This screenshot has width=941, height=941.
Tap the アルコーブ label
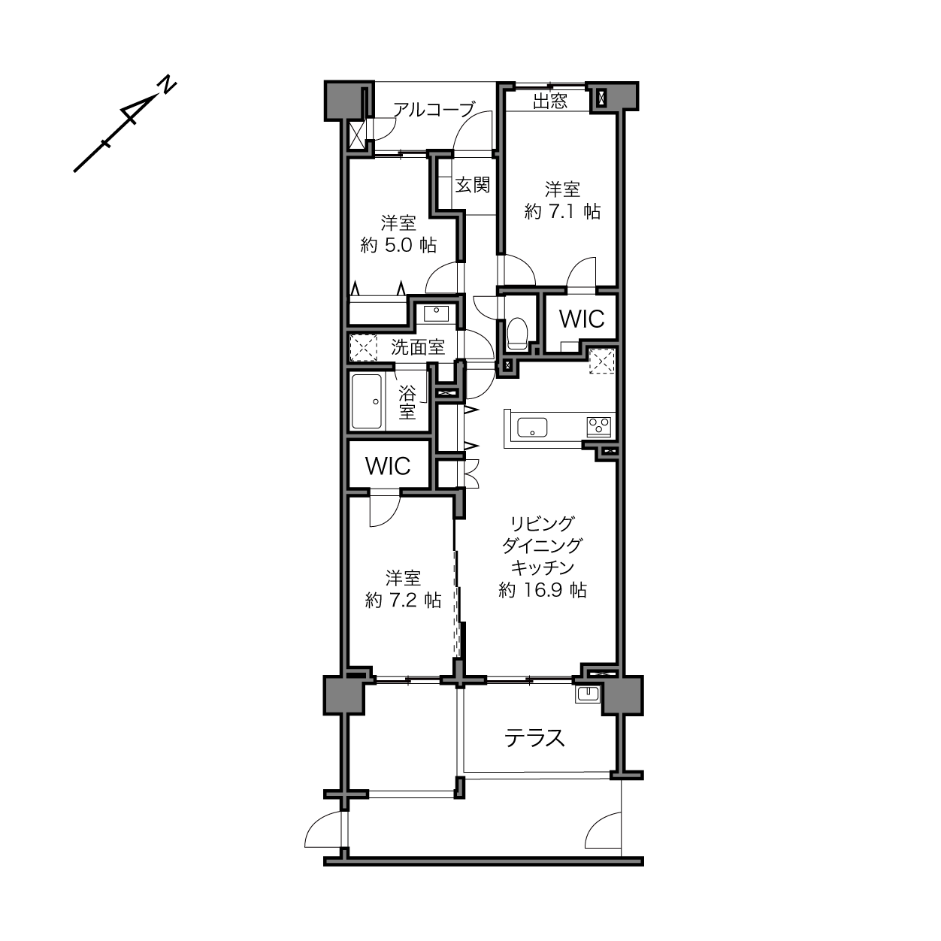coord(433,110)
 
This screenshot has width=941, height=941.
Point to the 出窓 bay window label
coord(549,101)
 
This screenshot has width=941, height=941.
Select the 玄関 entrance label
coord(472,185)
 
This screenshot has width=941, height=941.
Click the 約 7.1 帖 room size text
coord(562,211)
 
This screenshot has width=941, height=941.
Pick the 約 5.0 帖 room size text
coord(398,245)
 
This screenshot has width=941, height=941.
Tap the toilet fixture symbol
coord(517,333)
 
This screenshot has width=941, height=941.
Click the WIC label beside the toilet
coord(582,319)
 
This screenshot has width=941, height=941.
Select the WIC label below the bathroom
coord(388,466)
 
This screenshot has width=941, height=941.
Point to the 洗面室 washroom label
coord(418,347)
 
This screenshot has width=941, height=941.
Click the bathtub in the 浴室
coord(367,402)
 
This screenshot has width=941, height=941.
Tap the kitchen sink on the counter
coord(532,428)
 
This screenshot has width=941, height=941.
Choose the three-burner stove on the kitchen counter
coord(599,427)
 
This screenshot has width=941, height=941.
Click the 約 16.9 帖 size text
coord(543,591)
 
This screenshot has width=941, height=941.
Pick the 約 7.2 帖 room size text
coord(404,600)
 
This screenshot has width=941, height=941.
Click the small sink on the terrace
coord(588,694)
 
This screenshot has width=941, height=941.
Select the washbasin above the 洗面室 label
coord(436,313)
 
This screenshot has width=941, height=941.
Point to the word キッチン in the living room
coord(542,568)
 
